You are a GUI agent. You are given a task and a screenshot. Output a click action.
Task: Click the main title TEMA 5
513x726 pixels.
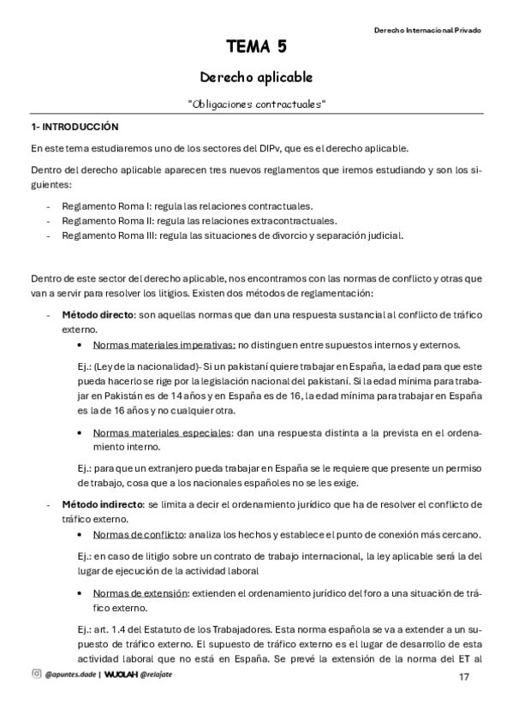(x=256, y=47)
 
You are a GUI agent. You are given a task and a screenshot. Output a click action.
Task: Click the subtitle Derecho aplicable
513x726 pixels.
(x=256, y=76)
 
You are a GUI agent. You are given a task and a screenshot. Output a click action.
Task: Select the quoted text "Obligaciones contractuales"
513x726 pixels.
(x=256, y=104)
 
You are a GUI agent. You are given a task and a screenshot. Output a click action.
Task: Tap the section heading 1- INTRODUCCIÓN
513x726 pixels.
(x=75, y=127)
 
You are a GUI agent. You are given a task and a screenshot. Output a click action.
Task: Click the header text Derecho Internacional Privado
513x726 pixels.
(x=427, y=29)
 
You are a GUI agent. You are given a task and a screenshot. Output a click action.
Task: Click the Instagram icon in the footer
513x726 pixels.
(x=36, y=674)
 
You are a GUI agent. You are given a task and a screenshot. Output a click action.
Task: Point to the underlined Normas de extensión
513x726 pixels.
(x=140, y=592)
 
